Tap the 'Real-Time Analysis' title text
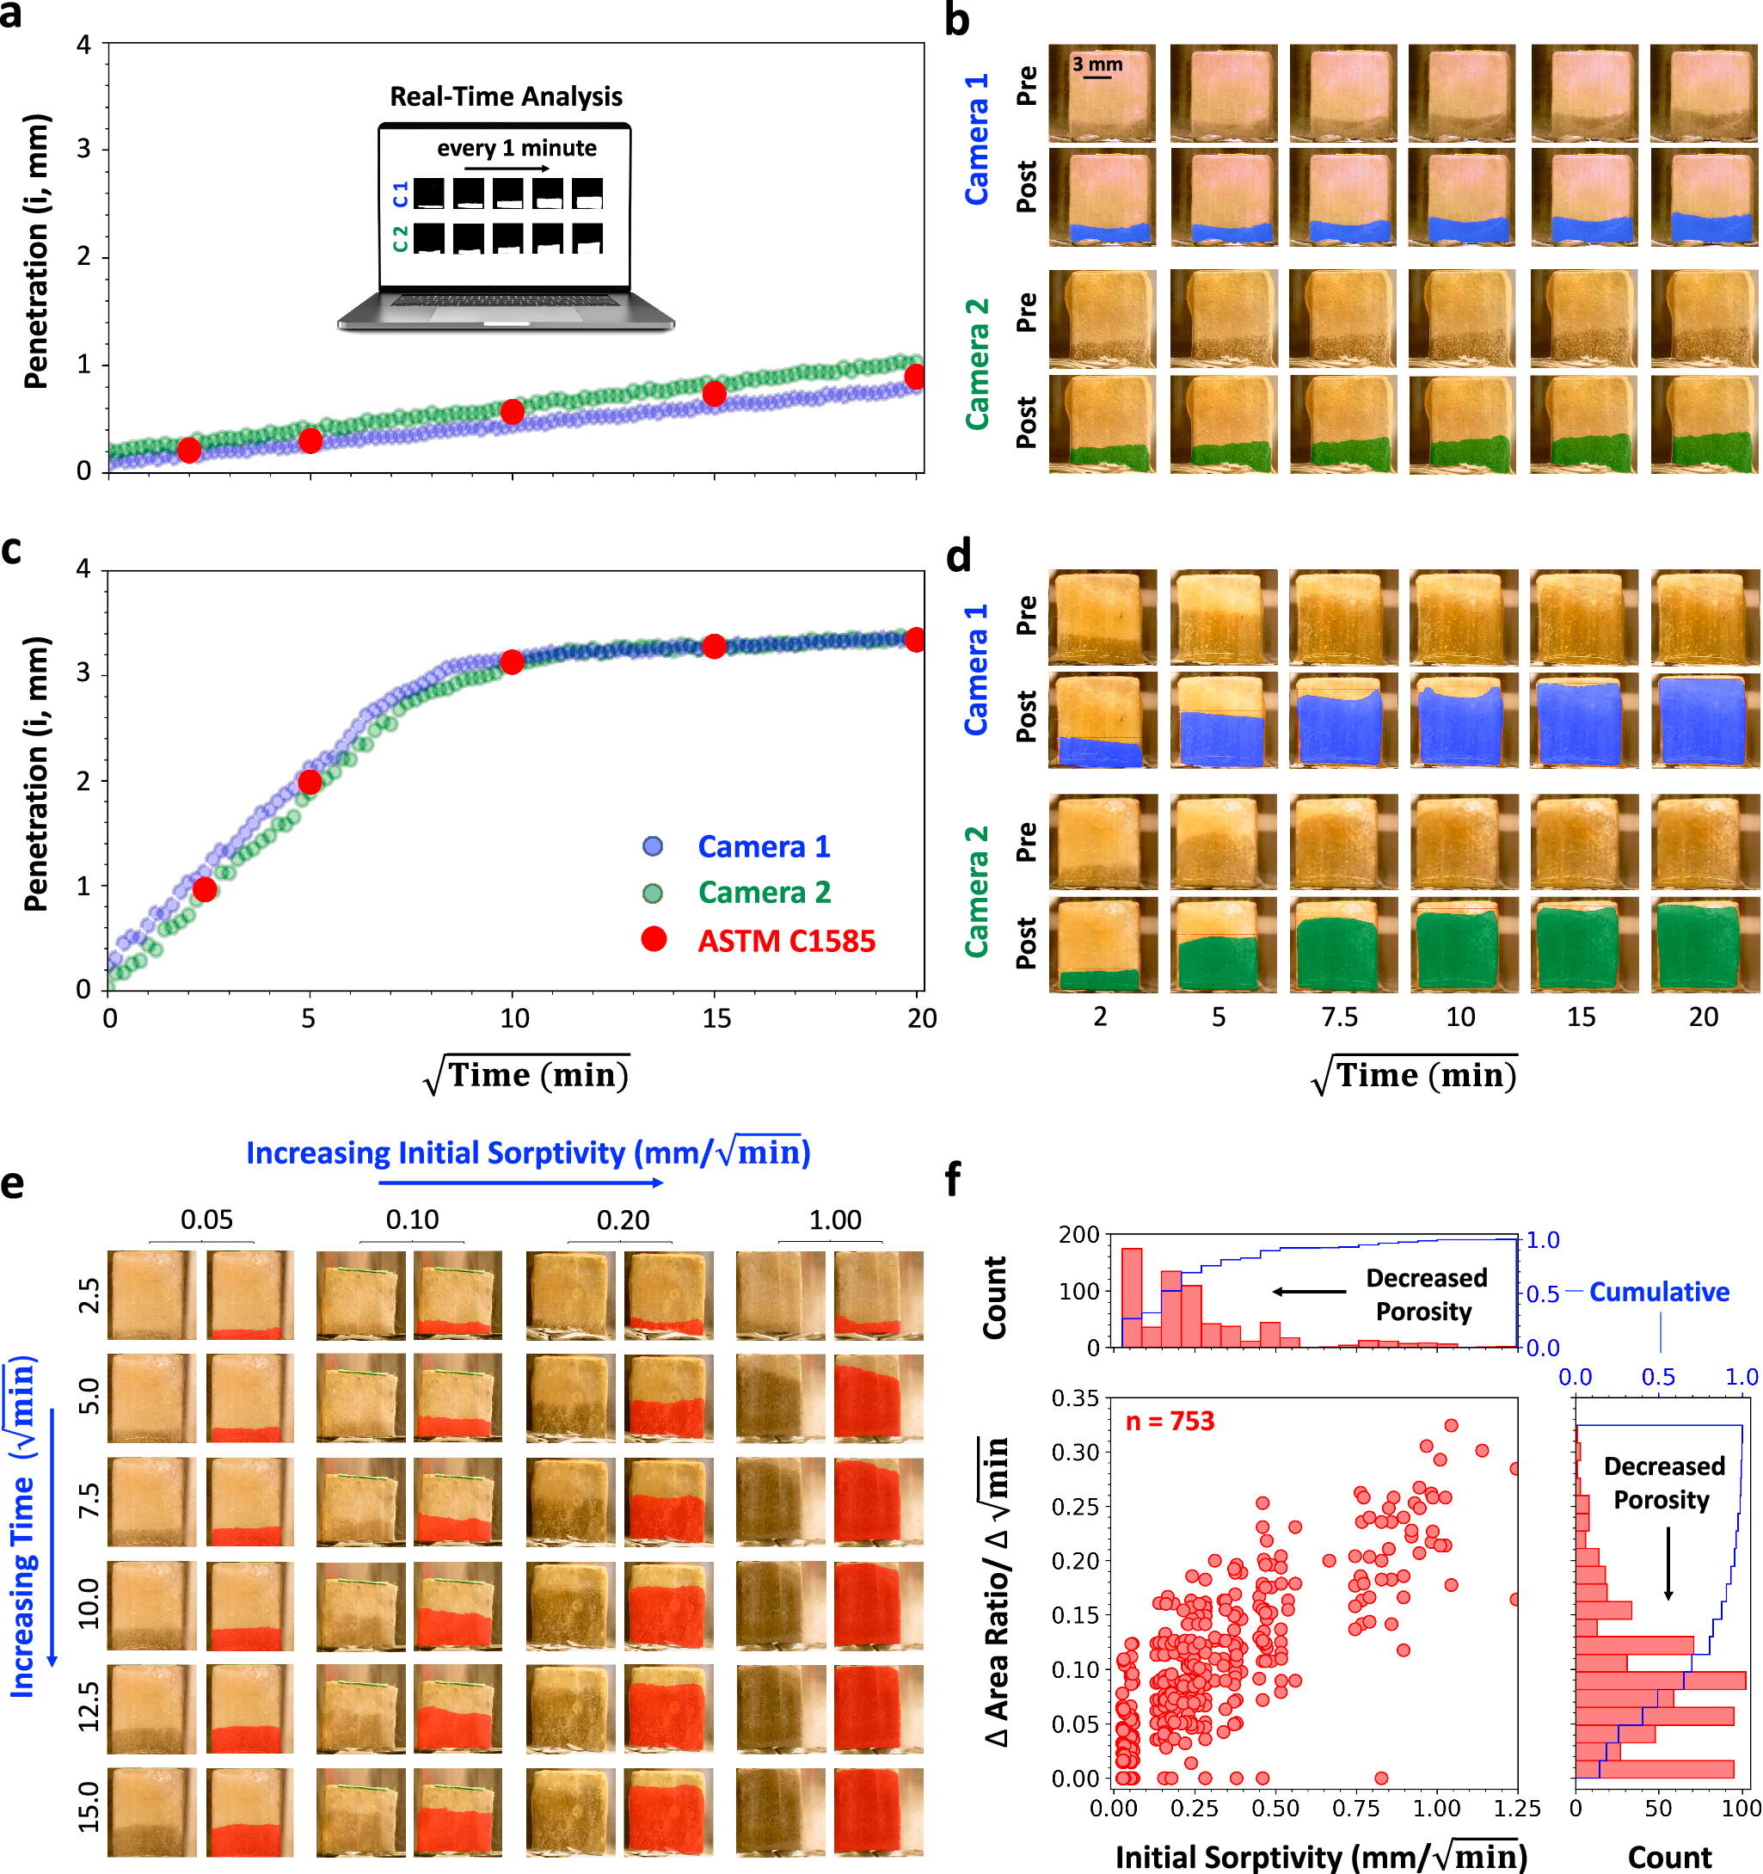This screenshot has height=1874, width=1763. (506, 96)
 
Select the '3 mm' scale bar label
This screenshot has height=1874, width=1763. (1097, 65)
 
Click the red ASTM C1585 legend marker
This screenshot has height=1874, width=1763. (654, 939)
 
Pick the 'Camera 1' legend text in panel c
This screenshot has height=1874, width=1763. (764, 846)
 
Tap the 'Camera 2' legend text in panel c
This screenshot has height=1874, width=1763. (764, 893)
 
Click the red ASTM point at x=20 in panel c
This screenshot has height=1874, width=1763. (914, 640)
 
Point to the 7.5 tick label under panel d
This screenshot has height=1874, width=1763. (1339, 1017)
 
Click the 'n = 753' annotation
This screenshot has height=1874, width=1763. (1169, 1421)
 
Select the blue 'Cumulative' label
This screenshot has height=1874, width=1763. (1658, 1292)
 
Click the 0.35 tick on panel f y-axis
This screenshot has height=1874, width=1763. (1076, 1397)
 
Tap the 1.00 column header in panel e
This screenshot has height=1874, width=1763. (834, 1220)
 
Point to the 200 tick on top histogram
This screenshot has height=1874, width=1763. (1078, 1235)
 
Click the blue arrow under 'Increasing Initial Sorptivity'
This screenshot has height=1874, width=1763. (520, 1182)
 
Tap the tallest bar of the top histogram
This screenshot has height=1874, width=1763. (1132, 1297)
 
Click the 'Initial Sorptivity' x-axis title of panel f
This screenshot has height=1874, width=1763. (1320, 1856)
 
